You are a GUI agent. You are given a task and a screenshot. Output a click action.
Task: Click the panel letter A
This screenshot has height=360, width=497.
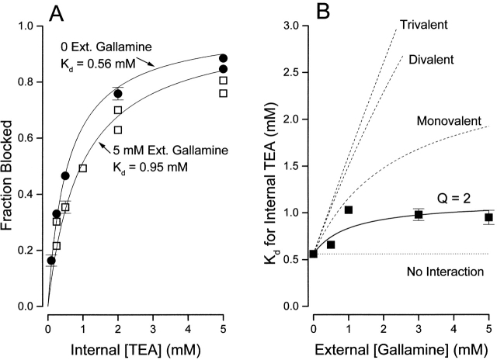57,13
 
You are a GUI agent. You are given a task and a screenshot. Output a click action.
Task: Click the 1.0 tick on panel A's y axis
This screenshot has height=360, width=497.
33,26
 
